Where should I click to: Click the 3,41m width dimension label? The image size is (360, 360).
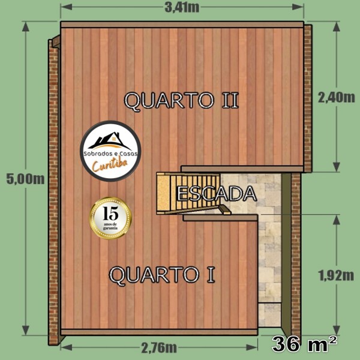(x=182, y=7)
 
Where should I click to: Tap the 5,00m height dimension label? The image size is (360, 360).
(x=25, y=179)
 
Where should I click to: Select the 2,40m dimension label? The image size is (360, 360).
(x=337, y=98)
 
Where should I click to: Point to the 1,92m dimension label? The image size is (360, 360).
(x=336, y=275)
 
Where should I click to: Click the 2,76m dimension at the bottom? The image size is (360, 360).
(x=159, y=347)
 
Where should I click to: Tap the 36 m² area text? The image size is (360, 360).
(x=305, y=344)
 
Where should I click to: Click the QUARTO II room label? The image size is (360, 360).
(x=181, y=100)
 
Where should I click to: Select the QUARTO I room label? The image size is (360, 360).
(x=162, y=275)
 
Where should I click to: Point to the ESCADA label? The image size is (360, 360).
(x=217, y=194)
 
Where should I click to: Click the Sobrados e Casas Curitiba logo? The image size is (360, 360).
(x=110, y=151)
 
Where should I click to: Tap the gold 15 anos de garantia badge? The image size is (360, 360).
(x=110, y=218)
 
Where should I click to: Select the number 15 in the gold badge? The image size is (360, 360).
(x=110, y=213)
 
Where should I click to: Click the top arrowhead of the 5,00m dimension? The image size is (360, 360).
(x=25, y=26)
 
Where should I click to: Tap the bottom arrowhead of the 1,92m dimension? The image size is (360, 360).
(x=337, y=330)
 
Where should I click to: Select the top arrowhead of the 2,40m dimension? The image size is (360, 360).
(x=337, y=26)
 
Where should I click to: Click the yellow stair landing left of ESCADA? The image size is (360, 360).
(x=163, y=193)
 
